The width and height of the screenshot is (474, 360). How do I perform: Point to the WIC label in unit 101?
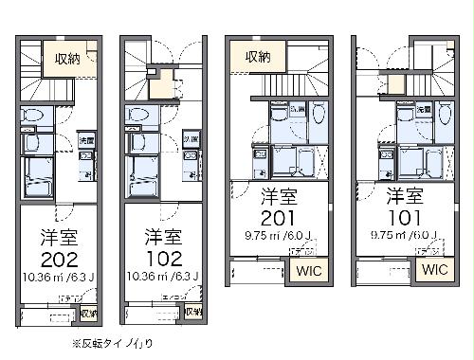pyautogui.click(x=433, y=270)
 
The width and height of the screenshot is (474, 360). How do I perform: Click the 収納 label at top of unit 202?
pyautogui.click(x=66, y=59)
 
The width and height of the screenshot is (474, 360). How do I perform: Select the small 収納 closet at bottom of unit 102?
pyautogui.click(x=193, y=312)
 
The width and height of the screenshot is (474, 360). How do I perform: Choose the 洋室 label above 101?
pyautogui.click(x=405, y=198)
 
